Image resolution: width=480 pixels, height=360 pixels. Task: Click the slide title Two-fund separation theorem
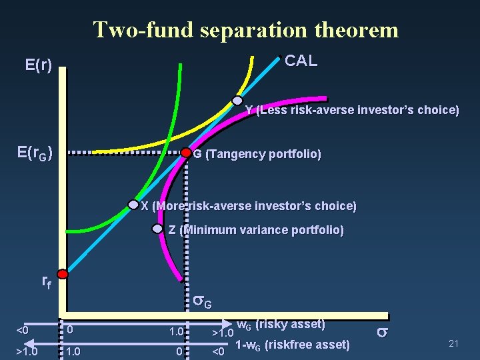(245, 30)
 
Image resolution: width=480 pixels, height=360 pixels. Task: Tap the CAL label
(301, 61)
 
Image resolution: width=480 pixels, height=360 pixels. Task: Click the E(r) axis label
(39, 65)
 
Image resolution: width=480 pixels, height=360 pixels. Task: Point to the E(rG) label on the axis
(35, 153)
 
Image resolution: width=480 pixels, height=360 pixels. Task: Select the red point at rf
(63, 274)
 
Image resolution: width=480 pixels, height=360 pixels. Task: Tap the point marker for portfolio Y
(237, 101)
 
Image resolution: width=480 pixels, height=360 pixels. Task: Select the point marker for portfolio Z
(157, 229)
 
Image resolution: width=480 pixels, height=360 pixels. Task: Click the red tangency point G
(186, 153)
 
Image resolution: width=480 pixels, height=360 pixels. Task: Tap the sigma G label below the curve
(203, 302)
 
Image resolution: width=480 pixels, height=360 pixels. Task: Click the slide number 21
(455, 343)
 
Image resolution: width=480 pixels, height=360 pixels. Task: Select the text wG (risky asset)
(281, 325)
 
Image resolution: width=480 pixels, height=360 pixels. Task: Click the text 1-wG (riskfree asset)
(293, 345)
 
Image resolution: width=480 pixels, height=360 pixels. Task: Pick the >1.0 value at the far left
(27, 351)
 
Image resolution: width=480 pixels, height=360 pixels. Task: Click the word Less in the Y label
(274, 110)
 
